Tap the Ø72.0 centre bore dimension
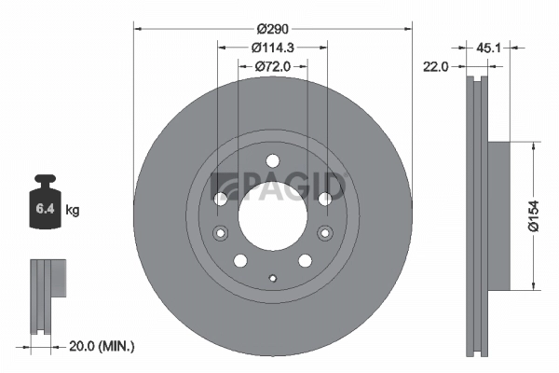(272, 66)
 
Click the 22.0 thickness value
(437, 66)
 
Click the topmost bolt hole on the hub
(272, 160)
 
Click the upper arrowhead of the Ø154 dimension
(532, 145)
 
